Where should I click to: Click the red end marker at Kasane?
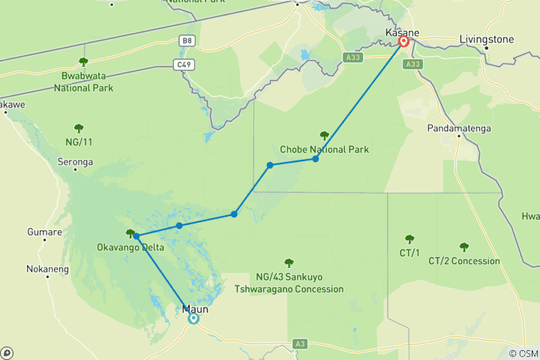point(404,42)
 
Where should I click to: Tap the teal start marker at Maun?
point(193,318)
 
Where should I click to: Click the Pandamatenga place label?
point(459,128)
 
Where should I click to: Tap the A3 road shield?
point(300,343)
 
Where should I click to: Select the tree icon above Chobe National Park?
point(324,136)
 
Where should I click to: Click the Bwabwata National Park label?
point(82,81)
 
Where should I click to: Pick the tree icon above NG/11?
point(78,127)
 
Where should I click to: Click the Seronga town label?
point(75,161)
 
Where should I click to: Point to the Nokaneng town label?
point(47,268)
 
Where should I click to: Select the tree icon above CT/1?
point(409,239)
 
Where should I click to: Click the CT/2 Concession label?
point(463,261)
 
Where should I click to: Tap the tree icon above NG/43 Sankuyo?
point(289,262)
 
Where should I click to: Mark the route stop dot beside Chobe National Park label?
point(316,158)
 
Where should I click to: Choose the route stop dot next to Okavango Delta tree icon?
point(136,236)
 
